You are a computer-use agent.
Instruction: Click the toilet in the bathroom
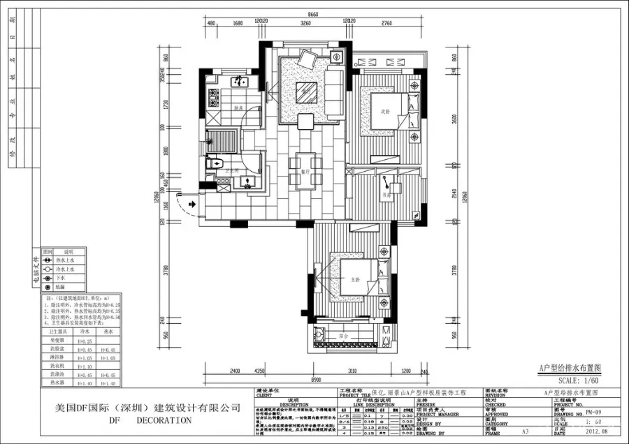point(212,164)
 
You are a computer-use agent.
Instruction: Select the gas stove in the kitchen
point(212,95)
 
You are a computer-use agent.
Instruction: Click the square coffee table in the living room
point(305,91)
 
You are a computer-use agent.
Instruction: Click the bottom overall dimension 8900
point(316,380)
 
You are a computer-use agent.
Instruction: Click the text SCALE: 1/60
point(578,380)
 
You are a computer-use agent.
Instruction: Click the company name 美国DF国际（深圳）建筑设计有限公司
point(143,407)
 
